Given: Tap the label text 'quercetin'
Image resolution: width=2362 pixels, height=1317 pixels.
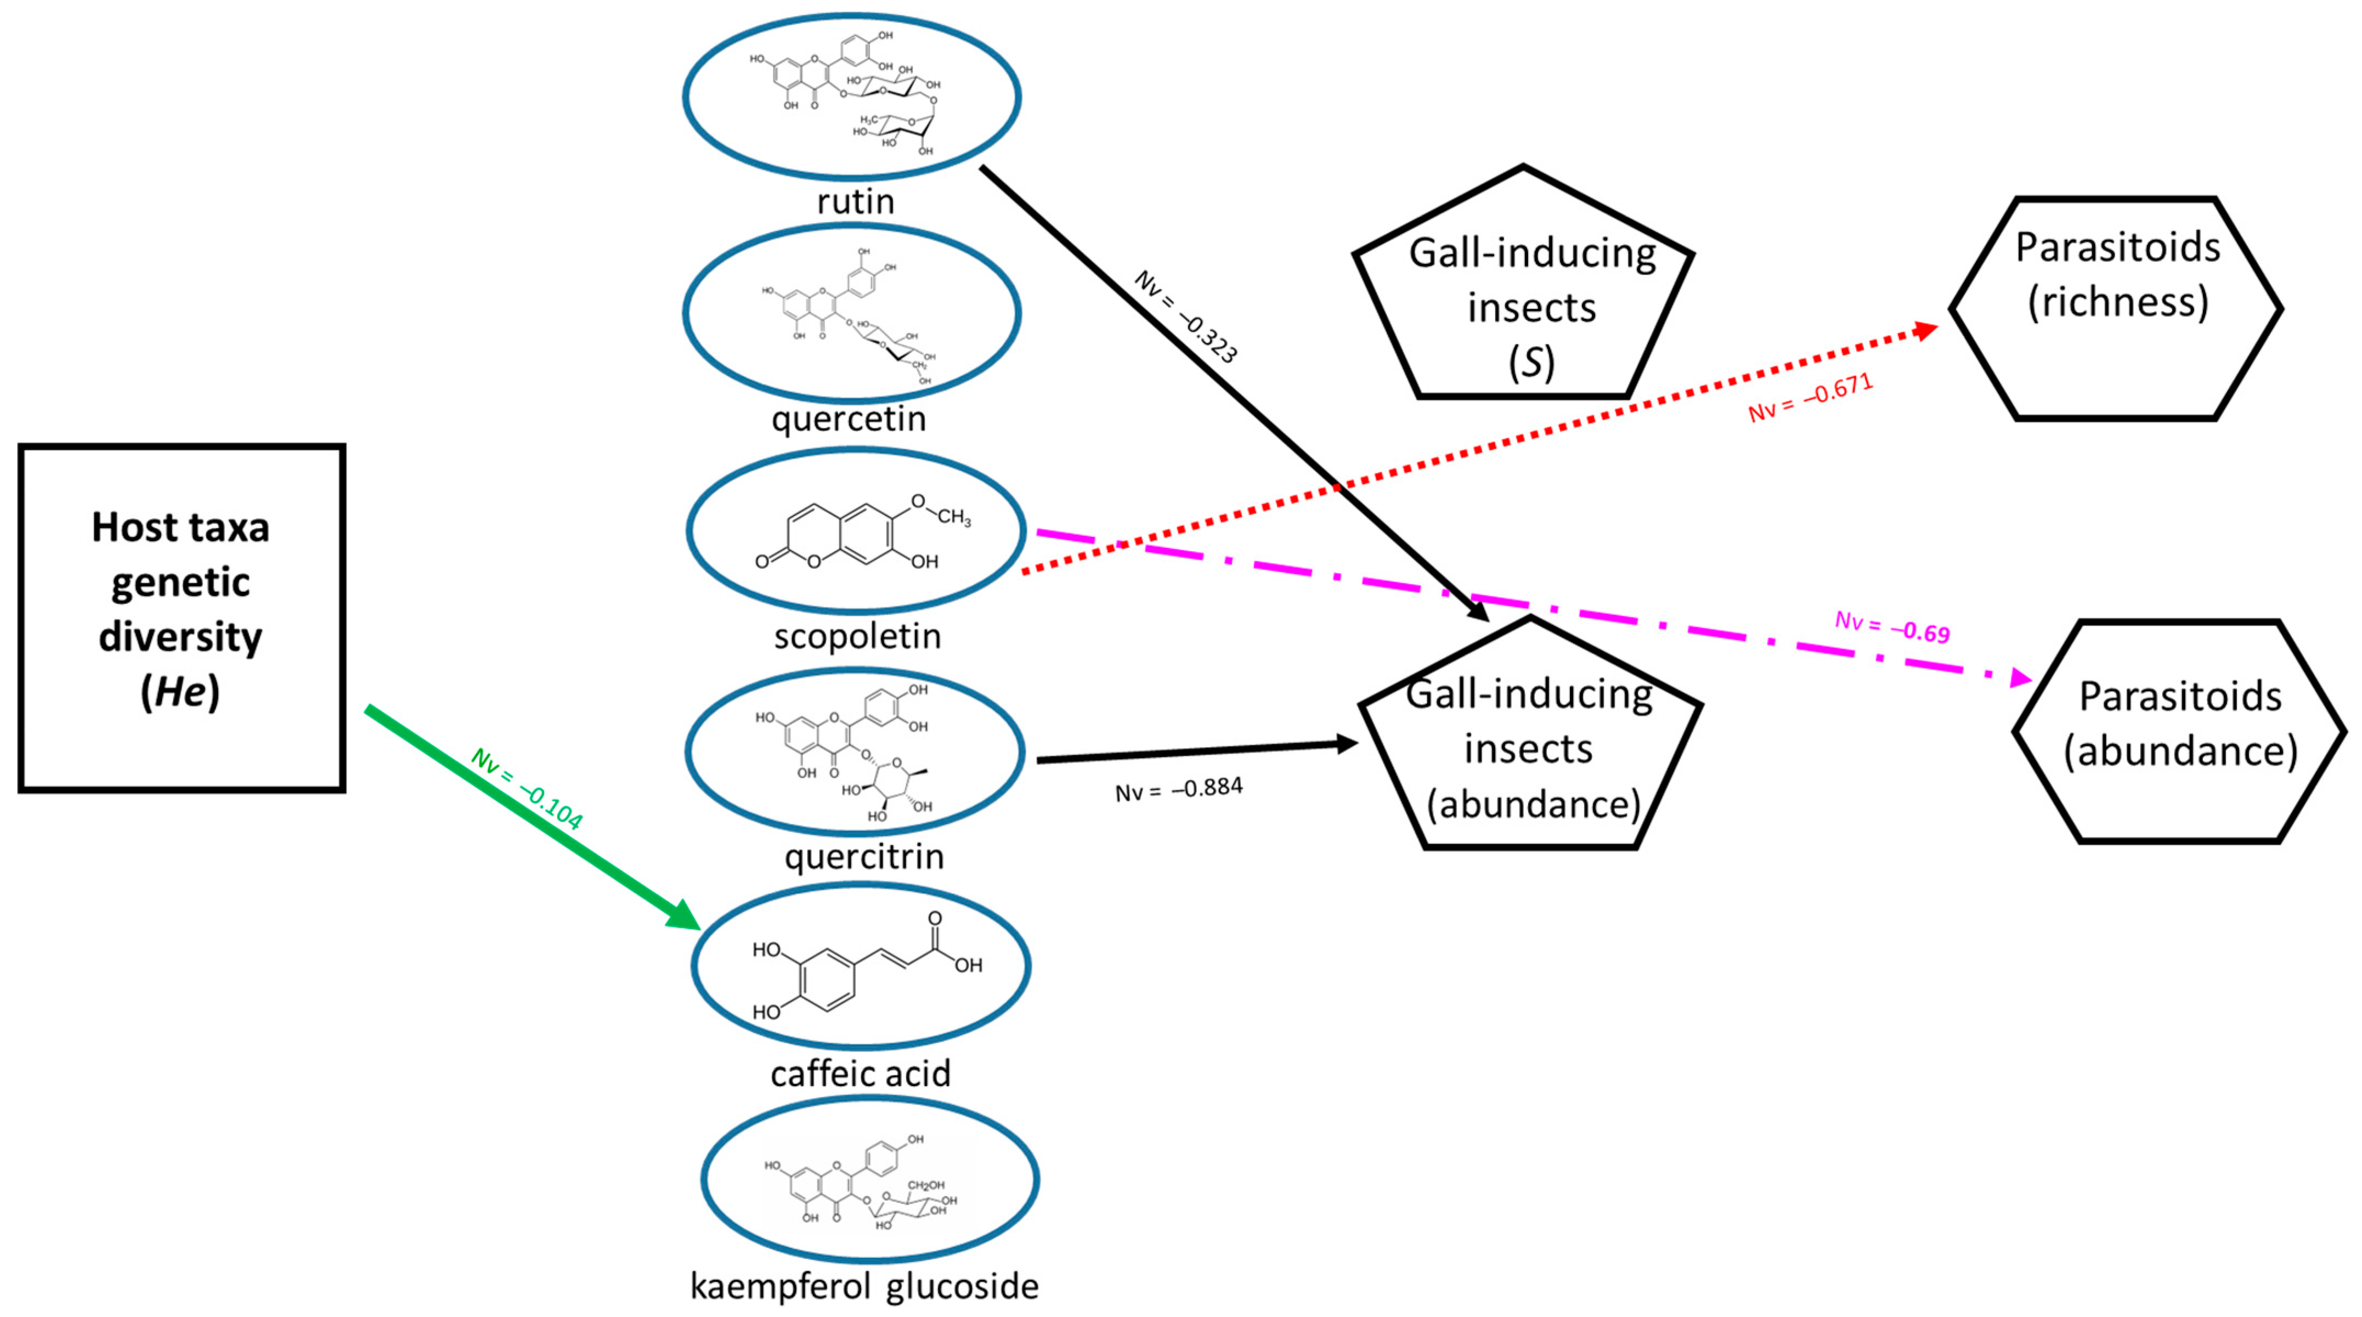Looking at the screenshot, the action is tap(849, 419).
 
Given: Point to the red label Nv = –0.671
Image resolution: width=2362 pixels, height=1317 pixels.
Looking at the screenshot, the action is tap(1810, 398).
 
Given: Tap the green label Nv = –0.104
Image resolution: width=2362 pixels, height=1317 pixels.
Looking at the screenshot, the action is tap(526, 789).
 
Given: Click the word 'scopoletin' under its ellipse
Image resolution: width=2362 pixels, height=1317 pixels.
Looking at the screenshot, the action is tap(857, 636).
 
